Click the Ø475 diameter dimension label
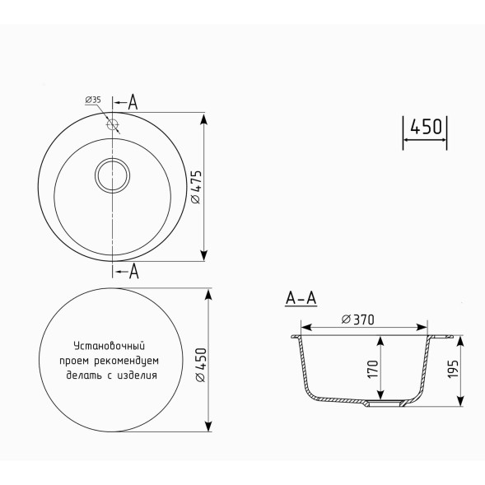(x=195, y=187)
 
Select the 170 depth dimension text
(x=372, y=370)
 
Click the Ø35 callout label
(x=92, y=100)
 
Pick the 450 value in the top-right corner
(x=426, y=128)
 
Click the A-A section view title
(x=301, y=299)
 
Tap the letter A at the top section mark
(x=133, y=102)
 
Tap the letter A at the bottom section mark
(x=133, y=272)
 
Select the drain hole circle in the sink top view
(x=112, y=175)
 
